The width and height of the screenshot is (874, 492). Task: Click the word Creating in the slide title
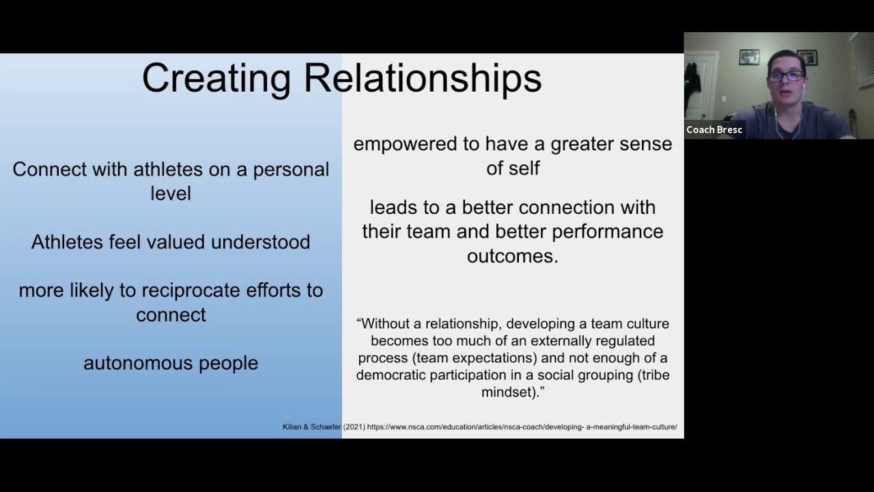pyautogui.click(x=216, y=79)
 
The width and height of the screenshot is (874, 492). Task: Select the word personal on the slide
pyautogui.click(x=291, y=169)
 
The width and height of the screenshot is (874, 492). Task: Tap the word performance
pyautogui.click(x=607, y=232)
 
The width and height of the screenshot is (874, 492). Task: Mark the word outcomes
pyautogui.click(x=512, y=256)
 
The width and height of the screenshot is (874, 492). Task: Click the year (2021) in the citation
pyautogui.click(x=354, y=427)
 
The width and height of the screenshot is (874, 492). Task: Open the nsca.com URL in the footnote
pyautogui.click(x=522, y=427)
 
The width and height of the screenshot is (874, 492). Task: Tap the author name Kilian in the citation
pyautogui.click(x=292, y=427)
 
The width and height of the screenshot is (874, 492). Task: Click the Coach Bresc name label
pyautogui.click(x=714, y=130)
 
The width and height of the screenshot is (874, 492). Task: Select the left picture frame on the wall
pyautogui.click(x=749, y=57)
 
